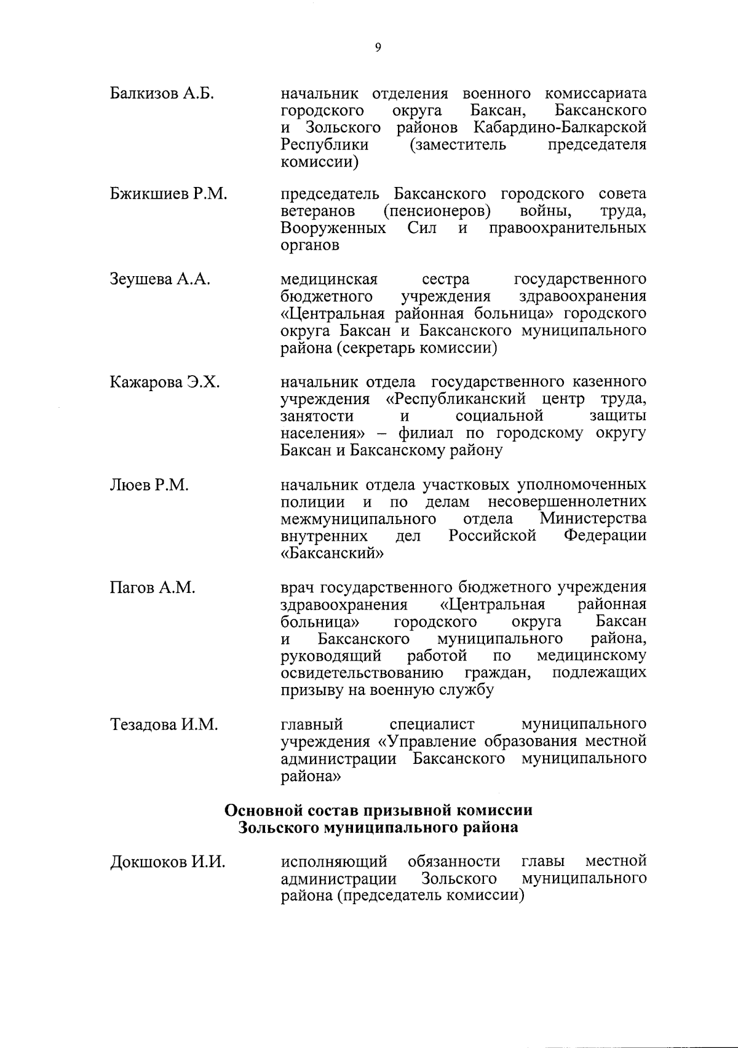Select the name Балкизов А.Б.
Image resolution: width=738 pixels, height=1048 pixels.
(x=162, y=94)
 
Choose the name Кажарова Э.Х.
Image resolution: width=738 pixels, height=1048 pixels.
(x=165, y=382)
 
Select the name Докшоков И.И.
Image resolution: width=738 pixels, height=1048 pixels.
(x=167, y=862)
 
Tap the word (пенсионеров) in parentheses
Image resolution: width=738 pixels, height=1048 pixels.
(x=437, y=212)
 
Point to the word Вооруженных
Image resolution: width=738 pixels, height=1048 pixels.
(x=333, y=229)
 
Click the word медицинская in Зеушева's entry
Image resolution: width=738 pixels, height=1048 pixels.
(x=329, y=280)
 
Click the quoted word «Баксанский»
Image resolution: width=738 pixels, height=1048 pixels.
(x=332, y=553)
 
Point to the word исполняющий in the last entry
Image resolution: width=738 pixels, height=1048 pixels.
(x=334, y=861)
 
